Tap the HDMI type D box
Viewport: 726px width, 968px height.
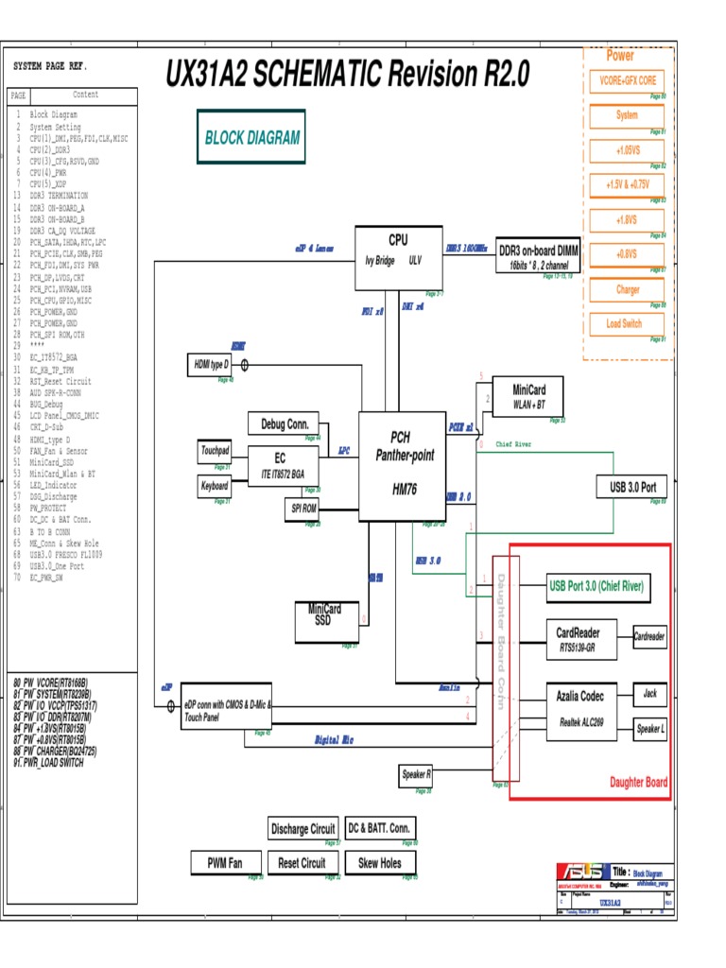click(212, 365)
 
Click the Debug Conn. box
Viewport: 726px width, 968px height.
click(285, 423)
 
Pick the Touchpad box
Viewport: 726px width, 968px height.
click(215, 451)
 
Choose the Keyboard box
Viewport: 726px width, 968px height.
click(215, 486)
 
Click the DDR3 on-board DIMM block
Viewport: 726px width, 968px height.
click(538, 255)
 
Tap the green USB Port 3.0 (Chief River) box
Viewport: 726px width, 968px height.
click(597, 586)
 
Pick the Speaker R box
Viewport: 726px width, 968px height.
click(417, 774)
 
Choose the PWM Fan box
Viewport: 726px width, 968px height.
click(224, 862)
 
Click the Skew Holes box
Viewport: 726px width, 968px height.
click(380, 862)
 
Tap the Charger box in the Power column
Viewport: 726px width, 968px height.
click(627, 289)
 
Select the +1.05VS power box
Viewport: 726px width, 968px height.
click(627, 150)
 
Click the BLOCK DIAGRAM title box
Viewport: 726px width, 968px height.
click(251, 137)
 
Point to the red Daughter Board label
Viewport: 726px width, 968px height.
click(638, 782)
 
